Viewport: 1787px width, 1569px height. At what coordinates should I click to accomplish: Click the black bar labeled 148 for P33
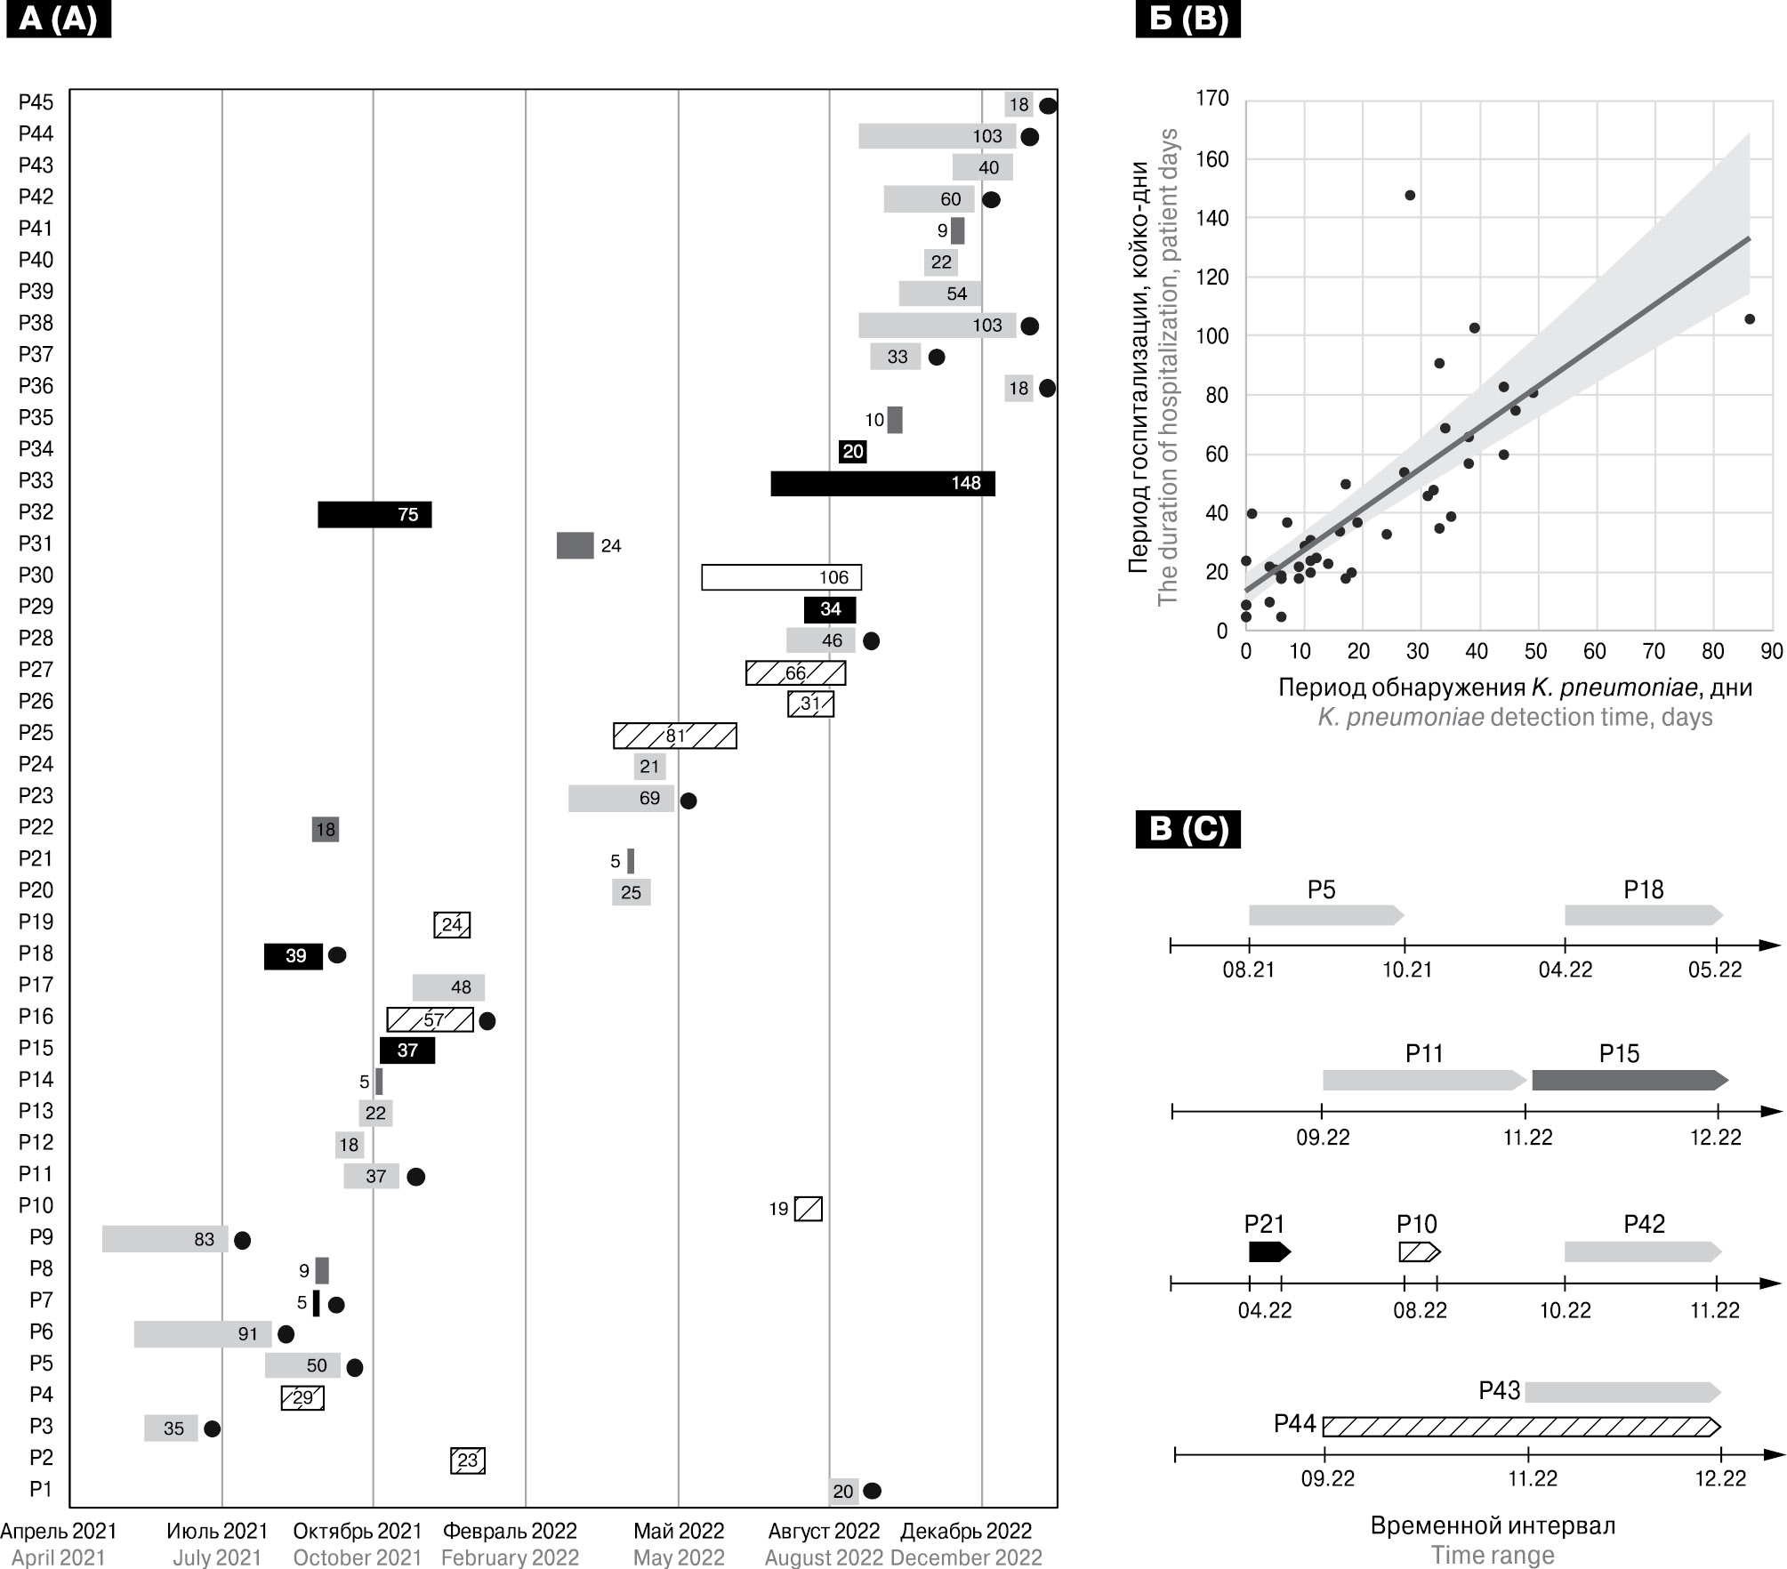pos(882,484)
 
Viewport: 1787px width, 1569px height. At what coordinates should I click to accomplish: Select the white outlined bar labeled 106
pos(781,577)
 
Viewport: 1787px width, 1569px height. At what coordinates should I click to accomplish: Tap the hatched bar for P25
pos(674,736)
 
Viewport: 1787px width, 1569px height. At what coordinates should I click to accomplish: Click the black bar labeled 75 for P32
pos(374,515)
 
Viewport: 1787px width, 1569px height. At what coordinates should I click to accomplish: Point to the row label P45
pos(36,102)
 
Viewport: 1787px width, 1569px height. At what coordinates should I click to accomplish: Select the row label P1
pos(41,1489)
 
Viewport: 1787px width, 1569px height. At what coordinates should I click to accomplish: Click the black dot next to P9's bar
pos(242,1240)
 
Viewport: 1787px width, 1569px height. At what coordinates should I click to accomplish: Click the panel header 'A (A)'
pos(58,19)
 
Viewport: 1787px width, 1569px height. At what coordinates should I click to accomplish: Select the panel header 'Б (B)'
pos(1187,19)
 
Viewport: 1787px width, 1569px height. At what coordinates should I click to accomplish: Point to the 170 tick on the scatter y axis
pos(1212,98)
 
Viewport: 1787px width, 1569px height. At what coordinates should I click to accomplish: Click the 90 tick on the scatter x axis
pos(1771,652)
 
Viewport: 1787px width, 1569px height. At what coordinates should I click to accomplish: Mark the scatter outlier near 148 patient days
pos(1410,196)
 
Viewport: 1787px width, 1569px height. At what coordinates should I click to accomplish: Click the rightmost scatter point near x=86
pos(1750,319)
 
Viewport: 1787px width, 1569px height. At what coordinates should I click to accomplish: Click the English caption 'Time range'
pos(1493,1555)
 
